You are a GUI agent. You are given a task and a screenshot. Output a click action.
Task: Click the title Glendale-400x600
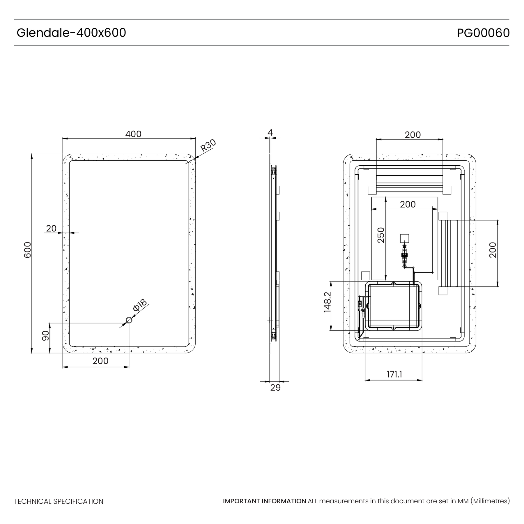71,33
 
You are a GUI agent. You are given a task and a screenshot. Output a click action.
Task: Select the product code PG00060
483,33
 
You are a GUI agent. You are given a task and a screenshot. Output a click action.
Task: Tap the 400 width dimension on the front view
133,134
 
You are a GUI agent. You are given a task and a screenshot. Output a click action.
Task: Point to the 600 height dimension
27,250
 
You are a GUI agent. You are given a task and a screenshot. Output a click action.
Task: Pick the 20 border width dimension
51,229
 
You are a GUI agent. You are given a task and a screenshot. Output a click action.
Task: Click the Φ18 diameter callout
140,305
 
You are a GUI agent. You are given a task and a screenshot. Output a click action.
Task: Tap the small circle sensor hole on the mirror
129,320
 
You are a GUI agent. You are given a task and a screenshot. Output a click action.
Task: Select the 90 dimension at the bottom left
45,336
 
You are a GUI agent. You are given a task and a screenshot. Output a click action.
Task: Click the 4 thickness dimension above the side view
270,132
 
